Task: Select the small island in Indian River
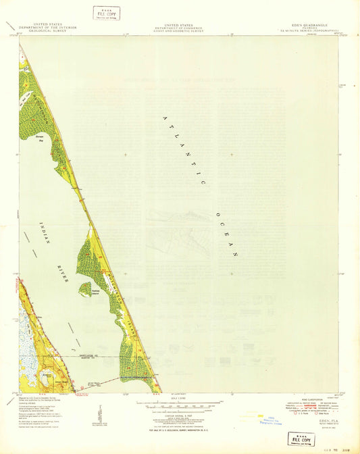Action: click(85, 288)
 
